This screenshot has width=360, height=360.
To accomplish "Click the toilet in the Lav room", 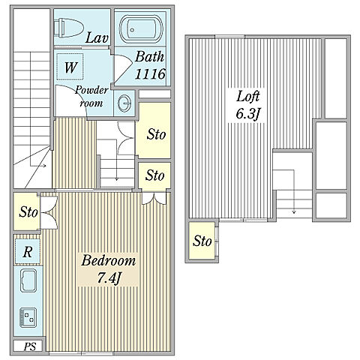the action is point(69,27).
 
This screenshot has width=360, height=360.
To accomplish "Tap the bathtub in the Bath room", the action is point(141,28).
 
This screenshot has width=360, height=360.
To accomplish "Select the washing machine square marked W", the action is point(70,67).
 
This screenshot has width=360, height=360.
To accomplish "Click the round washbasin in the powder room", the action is point(124,103).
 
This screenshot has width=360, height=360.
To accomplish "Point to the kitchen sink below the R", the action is point(28,280).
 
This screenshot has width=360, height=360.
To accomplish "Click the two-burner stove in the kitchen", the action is point(28,317).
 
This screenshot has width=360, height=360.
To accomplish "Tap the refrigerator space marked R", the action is point(27,251).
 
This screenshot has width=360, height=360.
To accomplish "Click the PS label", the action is point(30,346).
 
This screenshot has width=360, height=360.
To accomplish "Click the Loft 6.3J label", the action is point(248,105).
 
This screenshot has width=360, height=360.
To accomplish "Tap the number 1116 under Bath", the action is point(150,74).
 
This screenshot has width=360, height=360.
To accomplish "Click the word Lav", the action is point(97,38).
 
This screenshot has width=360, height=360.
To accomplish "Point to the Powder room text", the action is point(91,96).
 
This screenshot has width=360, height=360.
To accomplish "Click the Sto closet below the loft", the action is point(202,241).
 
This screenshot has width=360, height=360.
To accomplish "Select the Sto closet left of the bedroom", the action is point(27,211).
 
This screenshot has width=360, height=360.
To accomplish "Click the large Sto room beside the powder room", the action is point(154,130).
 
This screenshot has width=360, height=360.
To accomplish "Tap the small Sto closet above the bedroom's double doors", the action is point(154,175).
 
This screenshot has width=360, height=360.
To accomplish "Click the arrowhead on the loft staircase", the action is point(294,212).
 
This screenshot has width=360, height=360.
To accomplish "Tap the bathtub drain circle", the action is point(132,30).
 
